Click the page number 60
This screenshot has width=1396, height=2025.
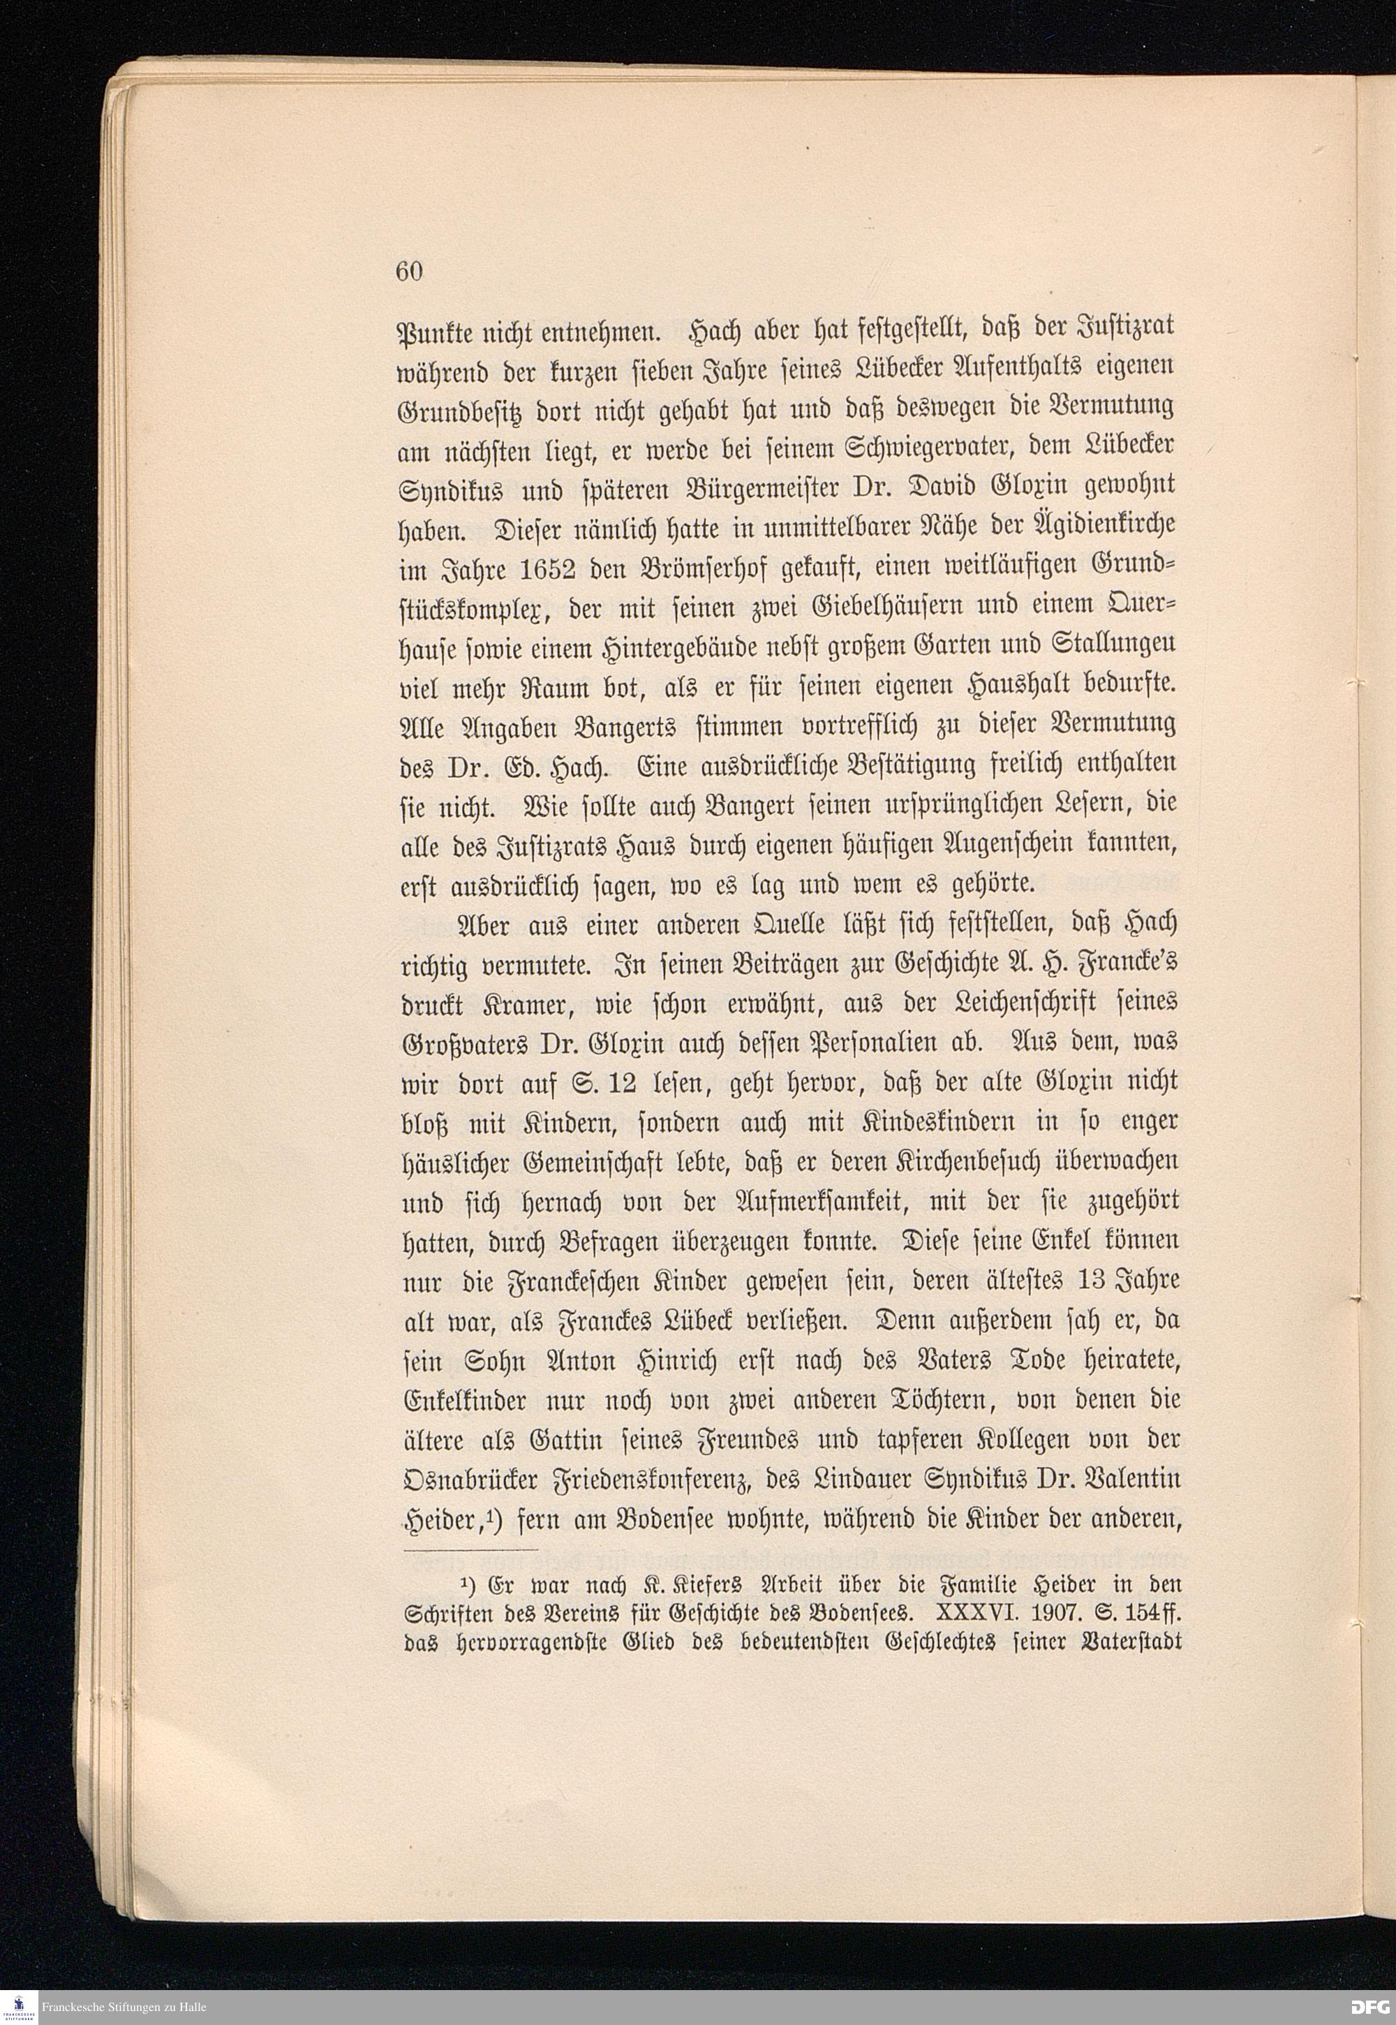[408, 272]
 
